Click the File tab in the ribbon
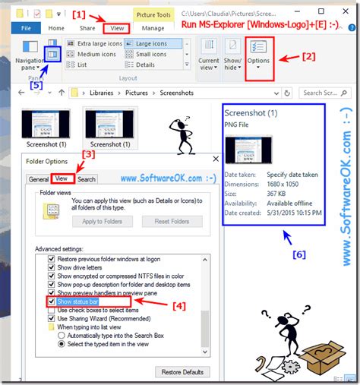click(24, 28)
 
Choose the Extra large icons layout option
click(100, 44)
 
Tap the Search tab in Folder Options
click(87, 179)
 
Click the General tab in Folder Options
click(38, 179)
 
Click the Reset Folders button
click(171, 221)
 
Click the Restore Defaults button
click(182, 372)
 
